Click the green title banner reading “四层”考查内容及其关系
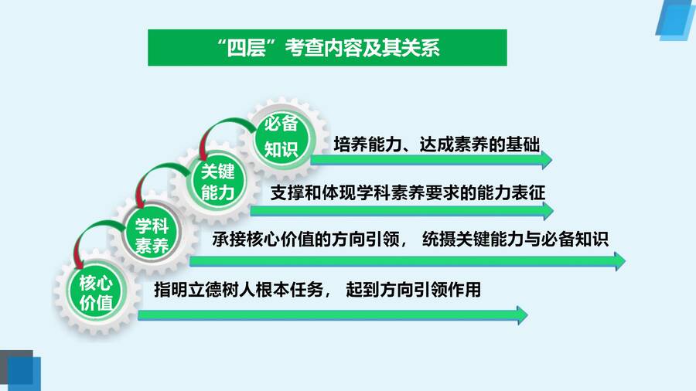pyautogui.click(x=327, y=47)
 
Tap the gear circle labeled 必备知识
pyautogui.click(x=281, y=137)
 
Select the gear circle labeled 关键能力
pyautogui.click(x=217, y=182)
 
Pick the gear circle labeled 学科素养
pyautogui.click(x=152, y=235)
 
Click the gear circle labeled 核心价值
pyautogui.click(x=96, y=292)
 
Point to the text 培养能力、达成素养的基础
pyautogui.click(x=437, y=144)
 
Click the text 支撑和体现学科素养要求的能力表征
pyautogui.click(x=408, y=193)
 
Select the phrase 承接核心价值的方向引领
pyautogui.click(x=306, y=240)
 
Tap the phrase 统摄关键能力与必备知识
pyautogui.click(x=515, y=240)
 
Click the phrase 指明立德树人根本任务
pyautogui.click(x=239, y=290)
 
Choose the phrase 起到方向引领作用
pyautogui.click(x=414, y=290)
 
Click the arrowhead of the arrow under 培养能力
pyautogui.click(x=547, y=160)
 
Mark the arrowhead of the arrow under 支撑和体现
pyautogui.click(x=548, y=211)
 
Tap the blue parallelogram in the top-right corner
pyautogui.click(x=676, y=20)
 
